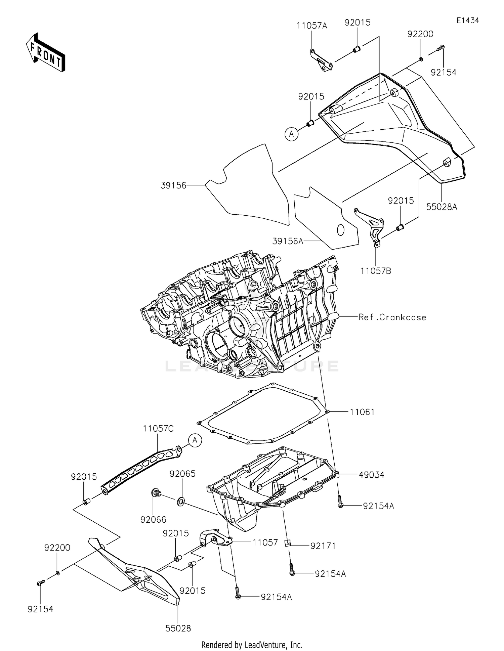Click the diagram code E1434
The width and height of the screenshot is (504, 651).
(467, 20)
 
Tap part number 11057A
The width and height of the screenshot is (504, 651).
(311, 26)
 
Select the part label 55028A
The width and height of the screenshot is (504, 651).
(442, 207)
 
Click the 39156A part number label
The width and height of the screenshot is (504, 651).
(288, 241)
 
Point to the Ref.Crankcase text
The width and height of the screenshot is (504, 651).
(392, 317)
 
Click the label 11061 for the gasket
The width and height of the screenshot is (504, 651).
(362, 412)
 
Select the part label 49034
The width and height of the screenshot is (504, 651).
(371, 475)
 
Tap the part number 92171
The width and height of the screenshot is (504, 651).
(323, 546)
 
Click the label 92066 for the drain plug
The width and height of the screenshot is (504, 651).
(153, 520)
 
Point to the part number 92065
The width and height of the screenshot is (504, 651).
(182, 474)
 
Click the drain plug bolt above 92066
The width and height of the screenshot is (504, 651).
(156, 493)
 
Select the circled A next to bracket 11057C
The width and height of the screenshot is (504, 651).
(195, 440)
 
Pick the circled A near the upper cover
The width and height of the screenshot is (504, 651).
(291, 134)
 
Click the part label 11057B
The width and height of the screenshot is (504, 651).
(376, 271)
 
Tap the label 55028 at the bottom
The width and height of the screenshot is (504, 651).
(178, 628)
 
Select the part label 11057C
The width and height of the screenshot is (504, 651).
(158, 429)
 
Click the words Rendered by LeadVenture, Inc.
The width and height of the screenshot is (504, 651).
(252, 645)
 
